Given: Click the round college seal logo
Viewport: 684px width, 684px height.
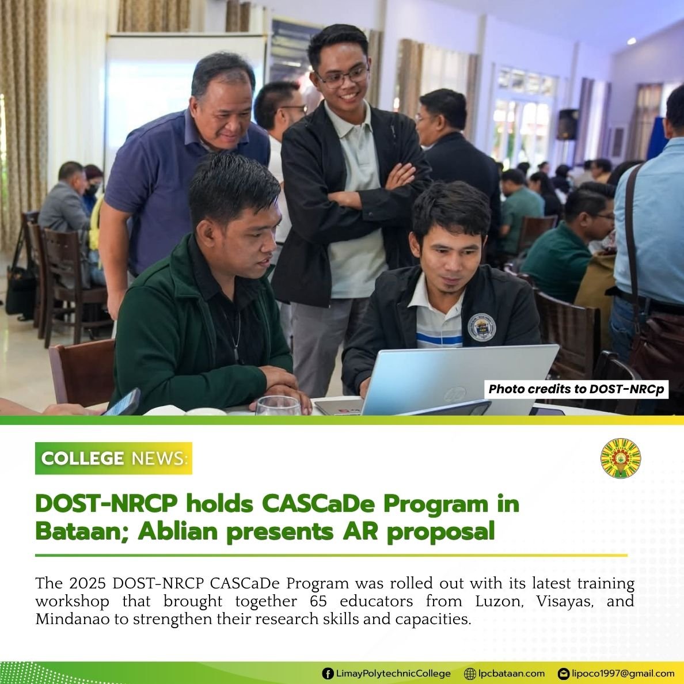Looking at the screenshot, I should point(620,458).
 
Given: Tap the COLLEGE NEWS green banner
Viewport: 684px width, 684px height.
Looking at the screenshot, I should point(113,458).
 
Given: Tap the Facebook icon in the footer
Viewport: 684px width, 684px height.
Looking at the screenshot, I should point(327,673).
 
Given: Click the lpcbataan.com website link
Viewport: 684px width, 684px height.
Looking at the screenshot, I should point(511,673).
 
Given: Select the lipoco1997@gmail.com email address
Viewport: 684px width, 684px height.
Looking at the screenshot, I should point(623,673).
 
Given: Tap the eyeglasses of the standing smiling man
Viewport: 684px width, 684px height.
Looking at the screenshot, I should point(343,77).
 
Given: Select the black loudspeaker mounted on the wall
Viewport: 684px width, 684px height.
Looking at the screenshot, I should point(567,124).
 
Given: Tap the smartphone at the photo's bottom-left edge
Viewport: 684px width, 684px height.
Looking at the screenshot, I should point(123,402).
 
